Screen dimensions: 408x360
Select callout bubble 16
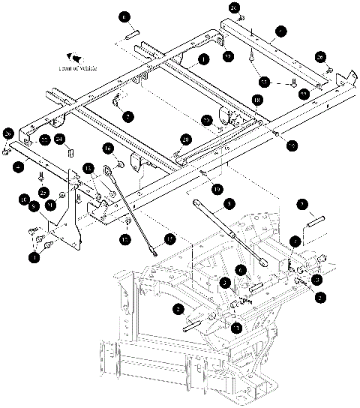click(107, 148)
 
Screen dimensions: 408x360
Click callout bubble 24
click(61, 139)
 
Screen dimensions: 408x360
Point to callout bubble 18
click(256, 100)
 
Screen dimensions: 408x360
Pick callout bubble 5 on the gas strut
click(229, 202)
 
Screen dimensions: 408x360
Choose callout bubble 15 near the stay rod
click(170, 238)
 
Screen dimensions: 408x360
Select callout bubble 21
click(50, 205)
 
